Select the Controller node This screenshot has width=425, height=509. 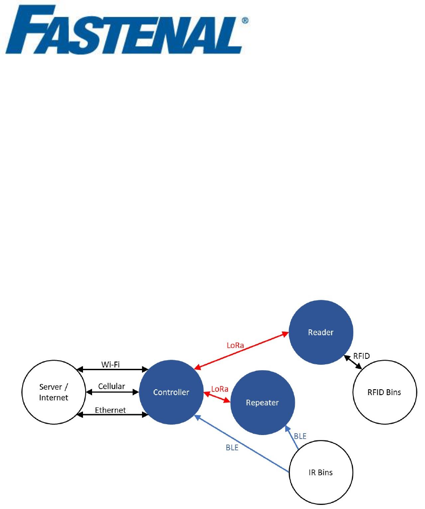tap(171, 392)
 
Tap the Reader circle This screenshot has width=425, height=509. tap(321, 333)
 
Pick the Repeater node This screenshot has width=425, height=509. tap(263, 402)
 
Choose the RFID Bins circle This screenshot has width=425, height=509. tap(384, 392)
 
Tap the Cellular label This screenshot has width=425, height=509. tap(111, 387)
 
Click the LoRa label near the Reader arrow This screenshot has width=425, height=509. tap(235, 345)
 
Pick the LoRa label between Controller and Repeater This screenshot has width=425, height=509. tap(220, 389)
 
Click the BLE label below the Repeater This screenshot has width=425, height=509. tap(300, 436)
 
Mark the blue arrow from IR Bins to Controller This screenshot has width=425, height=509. tap(240, 442)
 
